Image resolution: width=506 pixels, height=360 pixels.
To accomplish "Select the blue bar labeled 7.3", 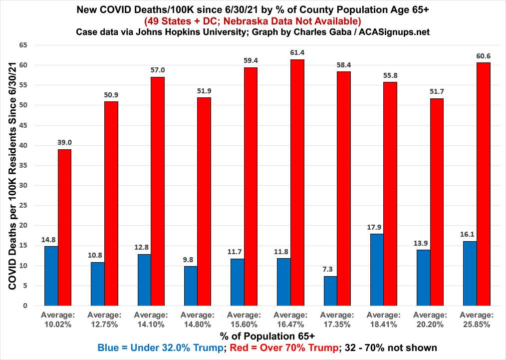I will [x=330, y=291].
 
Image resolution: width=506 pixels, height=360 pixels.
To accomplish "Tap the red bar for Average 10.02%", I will [x=65, y=227].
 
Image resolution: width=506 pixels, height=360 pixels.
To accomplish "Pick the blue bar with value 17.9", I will [x=377, y=269].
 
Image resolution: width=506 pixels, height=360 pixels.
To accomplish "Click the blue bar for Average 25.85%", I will [x=470, y=273].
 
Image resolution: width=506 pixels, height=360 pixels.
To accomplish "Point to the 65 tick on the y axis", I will [x=23, y=45].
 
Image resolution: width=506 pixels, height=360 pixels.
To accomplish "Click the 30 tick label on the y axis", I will [x=23, y=185].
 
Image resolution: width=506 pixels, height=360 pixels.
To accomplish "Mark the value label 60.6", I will [x=483, y=56].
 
